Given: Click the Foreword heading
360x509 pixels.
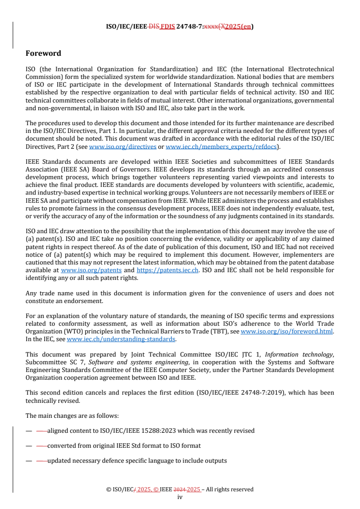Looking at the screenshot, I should click(x=43, y=54).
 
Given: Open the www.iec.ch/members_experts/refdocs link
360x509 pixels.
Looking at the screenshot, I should click(x=221, y=147).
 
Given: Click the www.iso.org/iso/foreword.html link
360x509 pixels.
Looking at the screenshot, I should click(x=286, y=332).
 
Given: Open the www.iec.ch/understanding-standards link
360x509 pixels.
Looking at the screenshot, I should click(x=121, y=339).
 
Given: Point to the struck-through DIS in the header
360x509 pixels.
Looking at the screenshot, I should click(x=153, y=26).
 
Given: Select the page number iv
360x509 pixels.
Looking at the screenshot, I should click(x=180, y=497).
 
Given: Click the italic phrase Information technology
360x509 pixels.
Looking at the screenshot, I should click(x=299, y=355).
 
